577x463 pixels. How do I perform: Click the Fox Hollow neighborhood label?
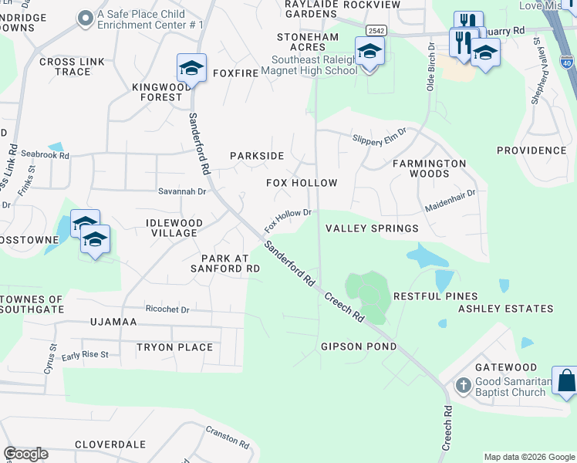pyautogui.click(x=302, y=183)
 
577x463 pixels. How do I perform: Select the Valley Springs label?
pyautogui.click(x=372, y=228)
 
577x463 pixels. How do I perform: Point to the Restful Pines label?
pyautogui.click(x=435, y=296)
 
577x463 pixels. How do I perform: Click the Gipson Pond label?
pyautogui.click(x=359, y=346)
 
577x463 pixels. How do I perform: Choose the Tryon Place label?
pyautogui.click(x=174, y=347)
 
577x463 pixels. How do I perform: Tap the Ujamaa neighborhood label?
pyautogui.click(x=113, y=321)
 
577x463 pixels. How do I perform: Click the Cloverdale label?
pyautogui.click(x=110, y=444)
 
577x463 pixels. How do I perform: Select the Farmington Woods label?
pyautogui.click(x=430, y=168)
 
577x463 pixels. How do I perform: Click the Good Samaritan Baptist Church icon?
pyautogui.click(x=463, y=384)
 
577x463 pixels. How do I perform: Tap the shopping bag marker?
pyautogui.click(x=565, y=381)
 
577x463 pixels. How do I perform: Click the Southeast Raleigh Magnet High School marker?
pyautogui.click(x=369, y=53)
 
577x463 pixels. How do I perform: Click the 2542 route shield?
pyautogui.click(x=376, y=30)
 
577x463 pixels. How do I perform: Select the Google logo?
pyautogui.click(x=25, y=454)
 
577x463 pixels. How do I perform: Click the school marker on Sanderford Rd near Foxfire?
pyautogui.click(x=191, y=69)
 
